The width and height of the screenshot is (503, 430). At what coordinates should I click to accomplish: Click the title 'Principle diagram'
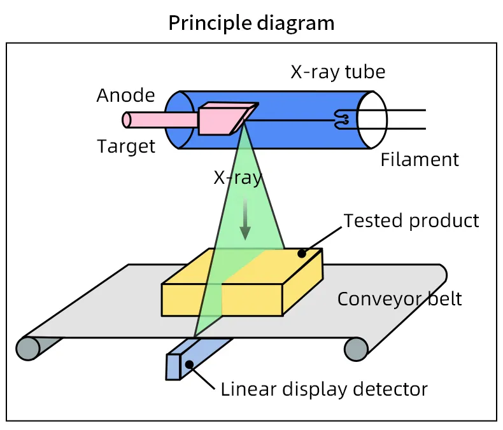(251, 23)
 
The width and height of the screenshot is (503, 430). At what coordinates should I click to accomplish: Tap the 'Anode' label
(125, 95)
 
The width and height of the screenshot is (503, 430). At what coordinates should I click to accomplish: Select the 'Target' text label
(126, 146)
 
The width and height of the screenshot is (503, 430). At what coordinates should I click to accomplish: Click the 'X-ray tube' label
(338, 71)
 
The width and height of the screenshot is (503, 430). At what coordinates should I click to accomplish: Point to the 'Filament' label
(419, 160)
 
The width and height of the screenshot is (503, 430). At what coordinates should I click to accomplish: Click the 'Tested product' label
(411, 221)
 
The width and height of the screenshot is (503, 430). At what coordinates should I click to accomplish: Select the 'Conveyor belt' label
(399, 298)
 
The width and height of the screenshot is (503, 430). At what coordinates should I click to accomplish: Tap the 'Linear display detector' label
(324, 389)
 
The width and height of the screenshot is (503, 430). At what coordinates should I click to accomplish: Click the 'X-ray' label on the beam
(237, 177)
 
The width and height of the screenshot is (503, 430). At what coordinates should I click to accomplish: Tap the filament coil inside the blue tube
(341, 118)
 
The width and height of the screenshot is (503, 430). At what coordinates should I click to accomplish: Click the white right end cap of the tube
(372, 119)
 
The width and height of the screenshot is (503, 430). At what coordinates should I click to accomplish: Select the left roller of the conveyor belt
(28, 347)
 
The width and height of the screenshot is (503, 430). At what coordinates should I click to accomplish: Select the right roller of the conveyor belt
(356, 348)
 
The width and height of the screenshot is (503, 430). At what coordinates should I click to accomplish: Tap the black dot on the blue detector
(189, 364)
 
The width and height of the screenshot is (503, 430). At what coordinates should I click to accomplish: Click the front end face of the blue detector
(174, 367)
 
